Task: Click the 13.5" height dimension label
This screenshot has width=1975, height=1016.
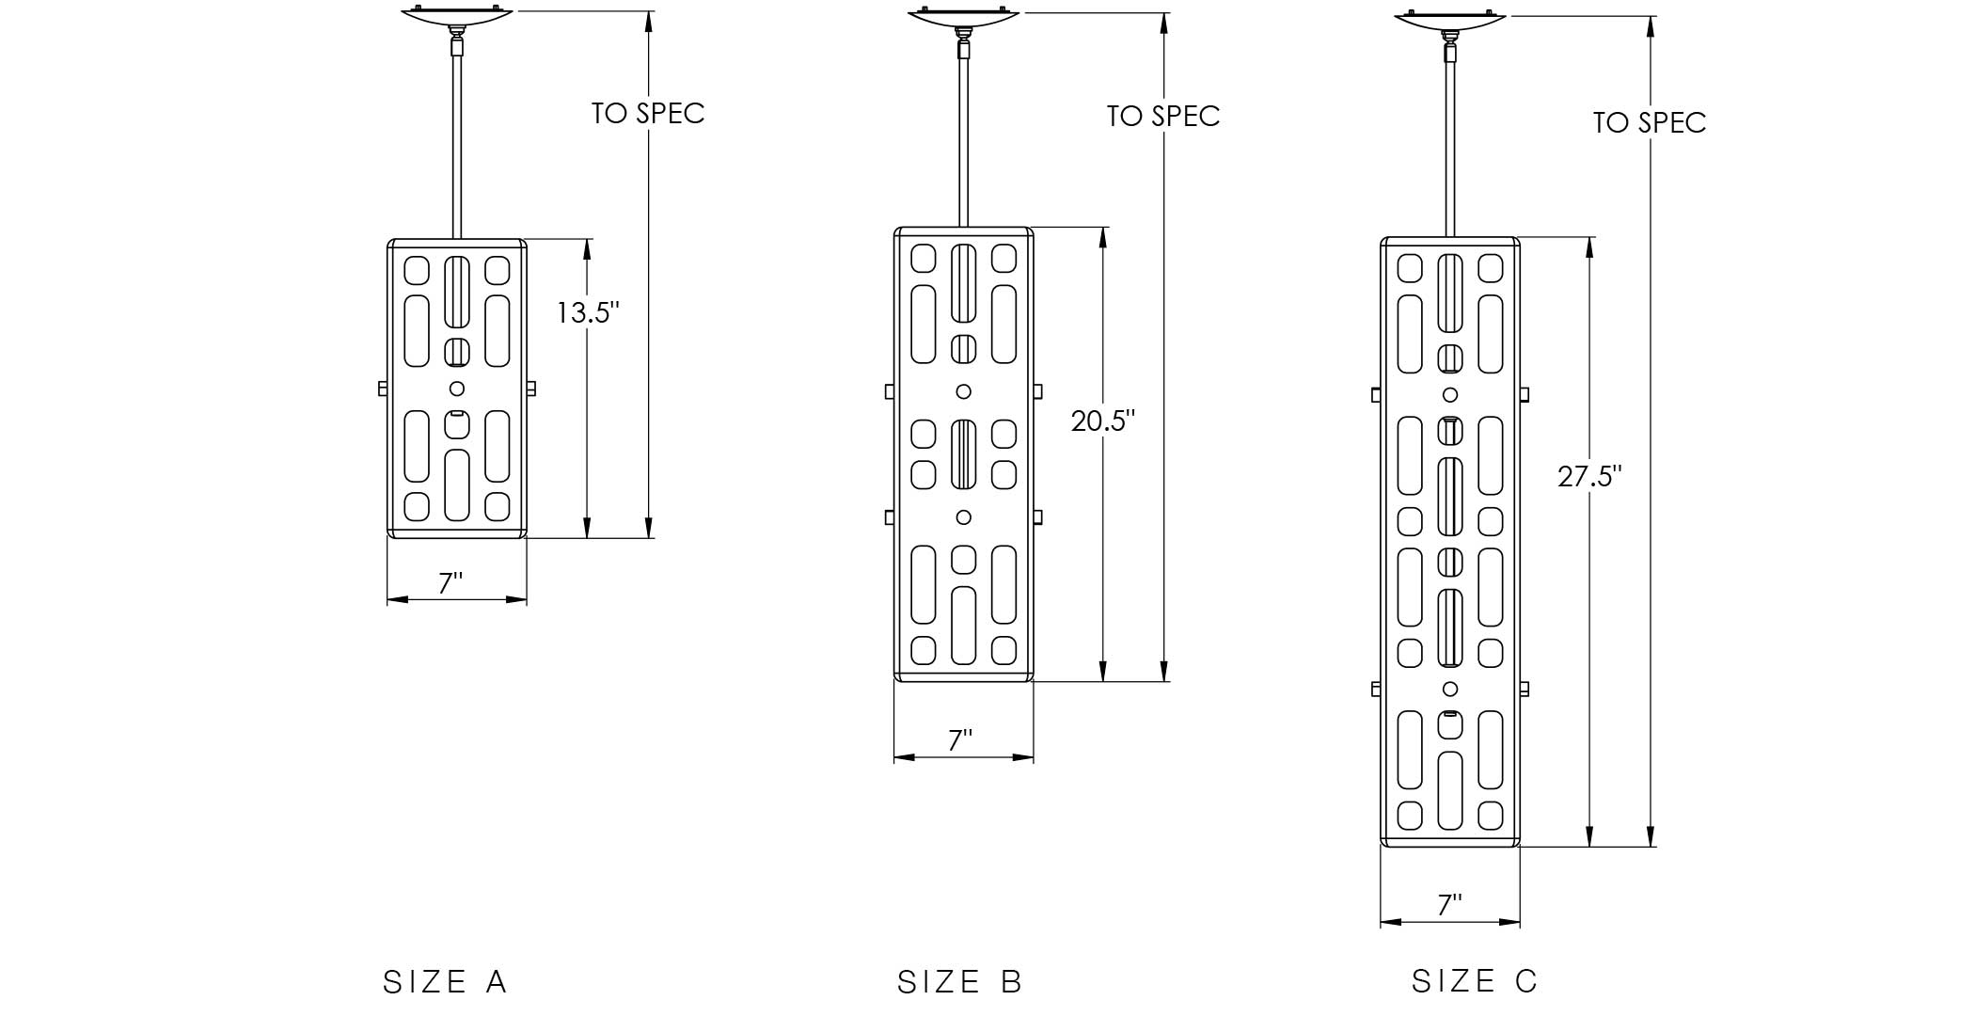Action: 588,312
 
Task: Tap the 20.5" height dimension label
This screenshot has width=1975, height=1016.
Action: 1103,421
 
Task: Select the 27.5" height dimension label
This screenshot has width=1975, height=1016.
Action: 1589,477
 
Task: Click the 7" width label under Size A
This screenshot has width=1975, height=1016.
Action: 451,583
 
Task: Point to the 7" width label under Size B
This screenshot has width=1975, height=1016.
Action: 959,741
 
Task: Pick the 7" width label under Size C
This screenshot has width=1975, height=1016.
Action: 1449,905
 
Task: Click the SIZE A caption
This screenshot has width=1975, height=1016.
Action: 445,982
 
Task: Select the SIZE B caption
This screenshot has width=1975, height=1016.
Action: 959,982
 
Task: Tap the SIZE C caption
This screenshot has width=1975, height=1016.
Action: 1474,981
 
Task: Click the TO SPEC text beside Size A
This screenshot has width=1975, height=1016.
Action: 648,113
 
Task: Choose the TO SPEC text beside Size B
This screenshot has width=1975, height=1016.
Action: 1163,116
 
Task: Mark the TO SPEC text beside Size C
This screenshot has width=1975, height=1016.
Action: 1650,122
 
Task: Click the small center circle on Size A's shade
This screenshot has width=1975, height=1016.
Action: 457,389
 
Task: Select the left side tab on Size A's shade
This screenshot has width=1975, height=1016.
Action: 383,389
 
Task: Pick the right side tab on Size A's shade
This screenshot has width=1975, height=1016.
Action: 531,389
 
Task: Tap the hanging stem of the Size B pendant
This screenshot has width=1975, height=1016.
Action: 963,141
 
